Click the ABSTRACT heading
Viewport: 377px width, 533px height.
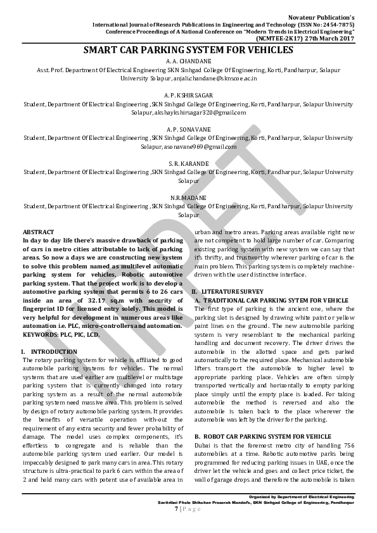tap(38, 232)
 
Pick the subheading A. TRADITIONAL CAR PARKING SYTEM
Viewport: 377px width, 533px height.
tap(272, 299)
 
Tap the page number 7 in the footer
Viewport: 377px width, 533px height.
tap(176, 509)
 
